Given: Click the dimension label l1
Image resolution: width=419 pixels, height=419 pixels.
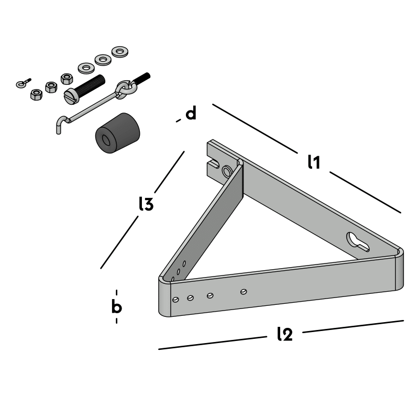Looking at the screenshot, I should [x=313, y=162].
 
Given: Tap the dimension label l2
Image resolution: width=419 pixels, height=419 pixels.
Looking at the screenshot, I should [x=284, y=334].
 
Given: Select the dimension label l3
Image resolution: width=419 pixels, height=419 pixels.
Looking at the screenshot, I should [x=146, y=204].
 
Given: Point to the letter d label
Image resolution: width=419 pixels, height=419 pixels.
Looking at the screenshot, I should [x=191, y=113].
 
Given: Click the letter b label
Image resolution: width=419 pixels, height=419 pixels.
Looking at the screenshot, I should [x=117, y=307].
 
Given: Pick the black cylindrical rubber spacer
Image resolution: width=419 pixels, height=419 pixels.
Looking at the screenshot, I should [x=119, y=135].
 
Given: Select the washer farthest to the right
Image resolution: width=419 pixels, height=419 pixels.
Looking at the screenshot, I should [x=121, y=52].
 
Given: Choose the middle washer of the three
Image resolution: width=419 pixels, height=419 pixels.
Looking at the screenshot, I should [x=103, y=60].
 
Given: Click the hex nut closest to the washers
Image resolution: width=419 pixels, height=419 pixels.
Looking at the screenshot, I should [x=67, y=79].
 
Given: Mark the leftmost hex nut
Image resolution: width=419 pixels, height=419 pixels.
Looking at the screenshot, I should [x=36, y=95].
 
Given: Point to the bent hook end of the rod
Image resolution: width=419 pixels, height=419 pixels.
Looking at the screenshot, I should [x=60, y=125].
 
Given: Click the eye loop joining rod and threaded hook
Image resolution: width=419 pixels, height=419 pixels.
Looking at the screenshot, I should [x=124, y=89].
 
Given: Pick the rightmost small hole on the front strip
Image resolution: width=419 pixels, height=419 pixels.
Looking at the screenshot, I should [x=242, y=291].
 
